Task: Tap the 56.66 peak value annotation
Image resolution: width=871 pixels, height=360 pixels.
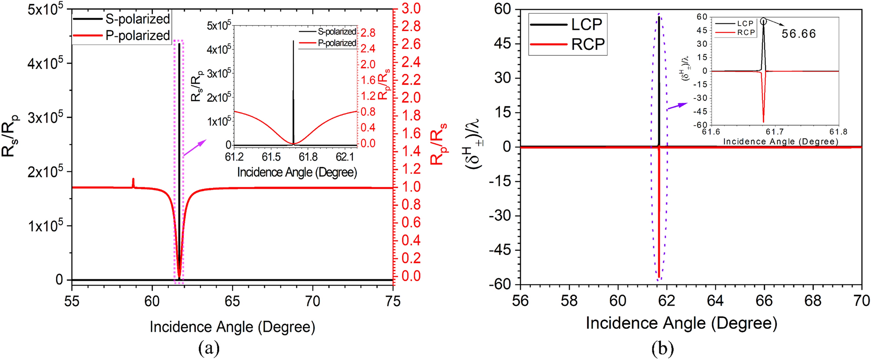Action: [x=799, y=34]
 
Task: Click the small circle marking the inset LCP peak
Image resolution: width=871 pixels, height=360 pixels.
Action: [x=763, y=21]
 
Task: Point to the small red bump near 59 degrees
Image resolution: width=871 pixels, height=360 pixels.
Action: [x=133, y=183]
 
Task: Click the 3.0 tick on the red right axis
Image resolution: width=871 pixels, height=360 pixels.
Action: [x=411, y=9]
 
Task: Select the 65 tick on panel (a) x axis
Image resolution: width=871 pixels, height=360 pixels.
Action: [x=233, y=301]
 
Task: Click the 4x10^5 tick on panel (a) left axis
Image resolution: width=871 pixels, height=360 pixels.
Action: [x=45, y=64]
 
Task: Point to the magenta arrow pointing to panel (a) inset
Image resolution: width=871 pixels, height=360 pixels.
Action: [x=195, y=148]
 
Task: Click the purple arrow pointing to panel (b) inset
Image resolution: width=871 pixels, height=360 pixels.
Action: [x=677, y=106]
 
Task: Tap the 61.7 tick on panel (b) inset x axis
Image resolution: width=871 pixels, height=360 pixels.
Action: [x=774, y=131]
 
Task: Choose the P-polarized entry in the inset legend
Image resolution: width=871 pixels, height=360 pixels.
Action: [x=337, y=43]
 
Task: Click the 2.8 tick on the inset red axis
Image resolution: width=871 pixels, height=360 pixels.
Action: [x=368, y=33]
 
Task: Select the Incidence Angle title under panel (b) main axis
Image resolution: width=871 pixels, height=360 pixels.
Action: [x=681, y=324]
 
